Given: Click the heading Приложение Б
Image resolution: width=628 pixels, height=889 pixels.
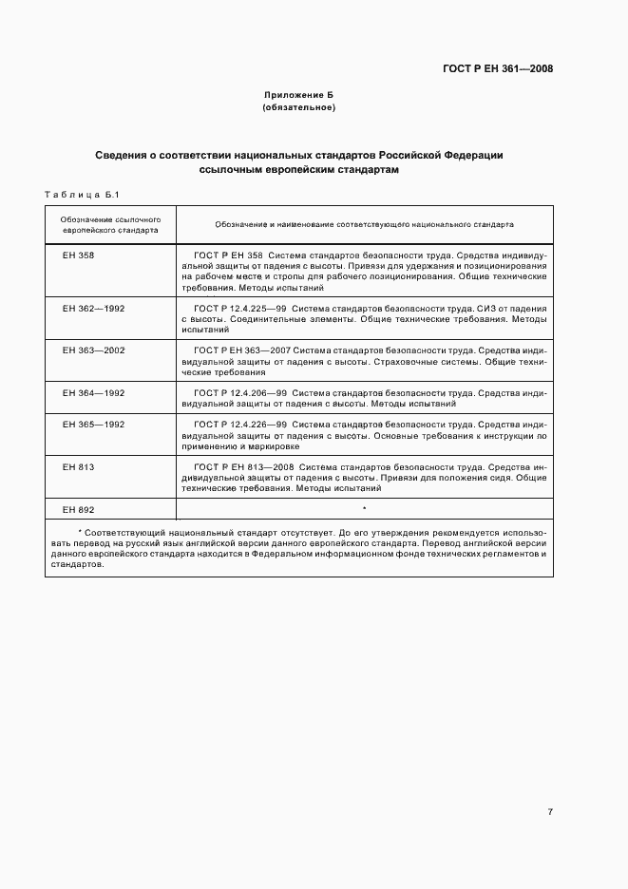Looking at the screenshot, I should (298, 96).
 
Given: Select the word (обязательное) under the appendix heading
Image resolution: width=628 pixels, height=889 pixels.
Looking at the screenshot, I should (298, 107).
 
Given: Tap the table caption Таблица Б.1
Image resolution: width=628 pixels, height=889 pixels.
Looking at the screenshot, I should (81, 195).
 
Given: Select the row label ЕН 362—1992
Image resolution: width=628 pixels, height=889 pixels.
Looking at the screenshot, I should (93, 309).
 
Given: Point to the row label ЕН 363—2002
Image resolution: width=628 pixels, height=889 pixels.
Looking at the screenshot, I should (93, 350).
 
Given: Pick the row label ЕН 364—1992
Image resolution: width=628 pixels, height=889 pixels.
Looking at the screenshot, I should (93, 392).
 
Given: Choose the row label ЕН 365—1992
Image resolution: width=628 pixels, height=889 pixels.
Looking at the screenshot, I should (93, 424).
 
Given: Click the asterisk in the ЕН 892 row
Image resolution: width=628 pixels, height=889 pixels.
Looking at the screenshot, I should (364, 510).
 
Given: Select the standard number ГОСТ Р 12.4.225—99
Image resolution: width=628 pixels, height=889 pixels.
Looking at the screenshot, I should (240, 309).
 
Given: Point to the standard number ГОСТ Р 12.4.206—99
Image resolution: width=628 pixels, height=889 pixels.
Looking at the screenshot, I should (240, 392).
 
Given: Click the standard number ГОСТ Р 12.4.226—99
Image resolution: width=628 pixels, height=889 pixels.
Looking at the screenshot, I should (240, 424).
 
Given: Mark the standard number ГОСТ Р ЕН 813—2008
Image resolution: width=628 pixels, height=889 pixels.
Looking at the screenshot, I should (245, 467).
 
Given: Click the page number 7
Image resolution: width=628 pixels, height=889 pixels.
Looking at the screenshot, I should (550, 811).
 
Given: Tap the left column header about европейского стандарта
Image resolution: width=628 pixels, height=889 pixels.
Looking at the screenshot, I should (110, 224).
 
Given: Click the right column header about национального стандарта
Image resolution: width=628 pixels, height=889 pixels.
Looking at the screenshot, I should (364, 224).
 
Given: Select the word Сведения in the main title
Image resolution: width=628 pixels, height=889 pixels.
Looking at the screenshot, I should (124, 155).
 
